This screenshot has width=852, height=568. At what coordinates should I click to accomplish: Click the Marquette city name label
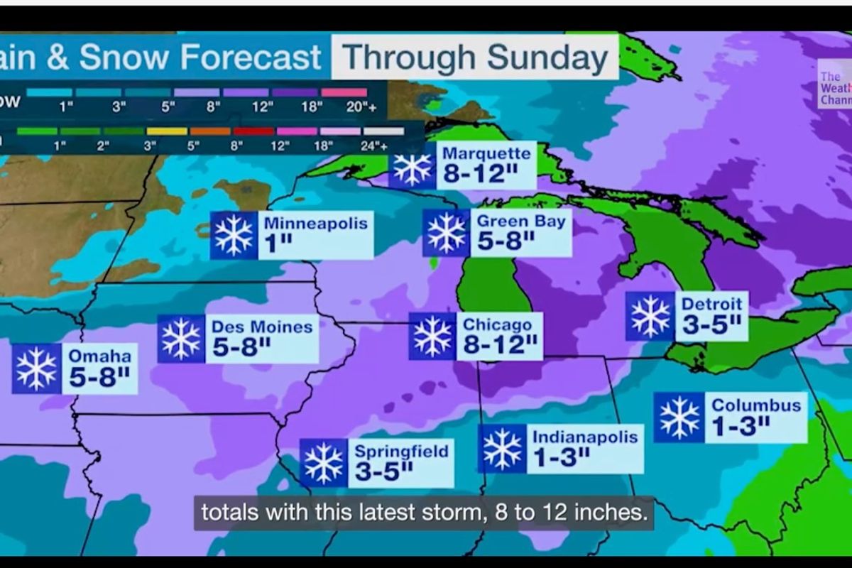point(486,154)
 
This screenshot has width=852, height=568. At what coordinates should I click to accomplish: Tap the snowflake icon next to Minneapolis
point(234,236)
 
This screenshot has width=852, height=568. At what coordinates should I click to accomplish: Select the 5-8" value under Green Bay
point(505,241)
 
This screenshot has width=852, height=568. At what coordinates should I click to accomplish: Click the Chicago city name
point(497,325)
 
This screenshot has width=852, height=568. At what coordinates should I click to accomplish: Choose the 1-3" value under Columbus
point(741,426)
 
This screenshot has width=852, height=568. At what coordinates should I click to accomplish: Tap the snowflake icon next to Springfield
point(323,463)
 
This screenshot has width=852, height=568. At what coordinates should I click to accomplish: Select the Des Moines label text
point(262,327)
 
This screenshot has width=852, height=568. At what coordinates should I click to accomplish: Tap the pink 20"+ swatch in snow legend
point(344,92)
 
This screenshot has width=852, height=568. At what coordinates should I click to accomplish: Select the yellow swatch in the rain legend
point(167,131)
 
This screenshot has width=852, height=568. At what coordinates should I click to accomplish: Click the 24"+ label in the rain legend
point(373,146)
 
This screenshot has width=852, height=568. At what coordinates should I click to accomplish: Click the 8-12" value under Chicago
point(500,346)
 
